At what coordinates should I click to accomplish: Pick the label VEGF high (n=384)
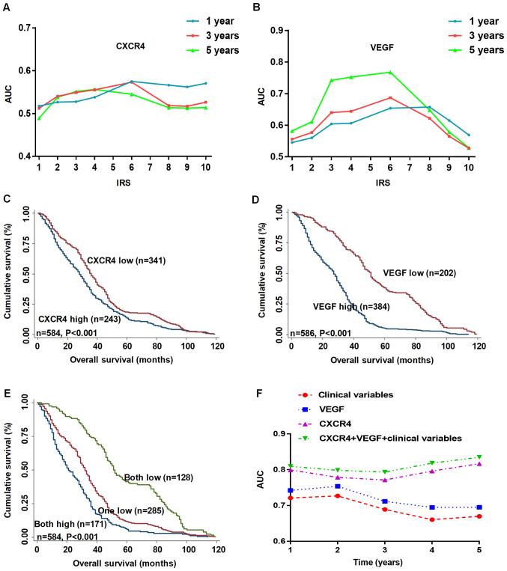click(x=351, y=306)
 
